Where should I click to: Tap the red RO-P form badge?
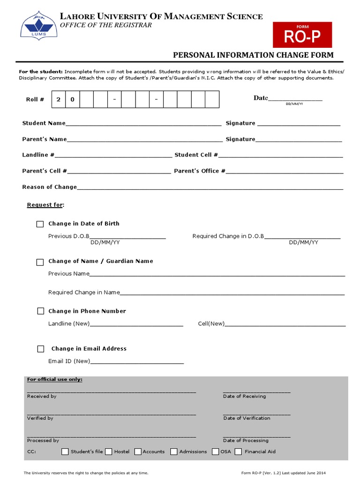(302, 35)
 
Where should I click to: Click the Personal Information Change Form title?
(253, 55)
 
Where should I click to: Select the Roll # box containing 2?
(59, 99)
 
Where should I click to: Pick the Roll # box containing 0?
(73, 99)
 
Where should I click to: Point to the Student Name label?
(44, 123)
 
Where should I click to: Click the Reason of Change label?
(49, 187)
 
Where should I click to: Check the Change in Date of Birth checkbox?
(40, 224)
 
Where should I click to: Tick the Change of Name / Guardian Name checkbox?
(40, 262)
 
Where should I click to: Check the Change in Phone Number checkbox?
(40, 311)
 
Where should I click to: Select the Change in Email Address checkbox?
(41, 349)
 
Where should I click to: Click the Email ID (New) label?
(69, 361)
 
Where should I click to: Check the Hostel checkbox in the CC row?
(108, 452)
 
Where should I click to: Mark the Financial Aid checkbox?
(238, 452)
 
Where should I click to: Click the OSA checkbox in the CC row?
(215, 452)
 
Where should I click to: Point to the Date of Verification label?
(247, 418)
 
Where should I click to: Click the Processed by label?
(43, 441)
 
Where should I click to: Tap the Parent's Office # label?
(199, 171)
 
